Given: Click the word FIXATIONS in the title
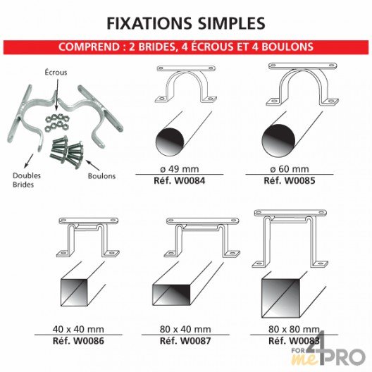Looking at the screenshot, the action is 149,23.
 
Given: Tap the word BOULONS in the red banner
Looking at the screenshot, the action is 287,46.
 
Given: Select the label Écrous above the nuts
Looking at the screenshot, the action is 56,73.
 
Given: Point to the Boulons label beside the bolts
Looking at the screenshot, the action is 101,176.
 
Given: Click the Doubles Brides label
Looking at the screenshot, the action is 27,180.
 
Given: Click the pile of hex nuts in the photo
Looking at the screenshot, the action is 56,121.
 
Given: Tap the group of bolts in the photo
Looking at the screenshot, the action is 67,152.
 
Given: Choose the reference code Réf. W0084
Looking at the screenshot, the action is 180,181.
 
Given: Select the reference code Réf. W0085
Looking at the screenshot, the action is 290,181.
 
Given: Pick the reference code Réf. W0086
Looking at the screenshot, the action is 78,341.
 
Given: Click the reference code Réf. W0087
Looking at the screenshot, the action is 185,341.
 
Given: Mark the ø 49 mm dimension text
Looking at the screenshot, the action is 180,169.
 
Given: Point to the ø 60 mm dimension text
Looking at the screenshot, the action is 290,169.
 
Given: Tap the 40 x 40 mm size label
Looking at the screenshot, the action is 78,329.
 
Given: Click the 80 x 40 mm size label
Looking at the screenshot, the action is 185,329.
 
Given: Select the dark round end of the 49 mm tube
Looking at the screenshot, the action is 170,142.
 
